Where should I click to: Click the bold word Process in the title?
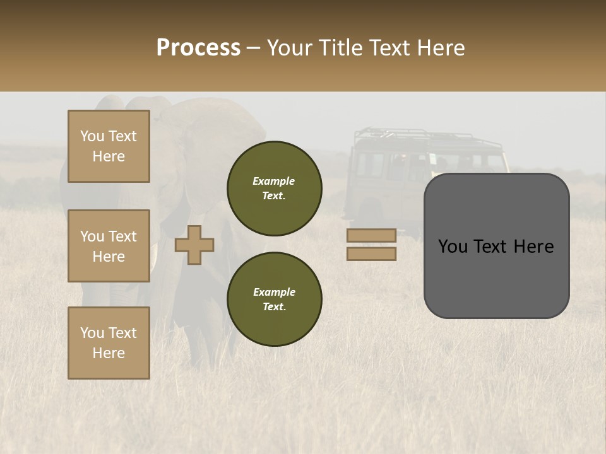(198, 48)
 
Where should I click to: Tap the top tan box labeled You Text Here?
(109, 146)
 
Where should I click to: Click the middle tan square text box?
(109, 246)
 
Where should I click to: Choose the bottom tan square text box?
(109, 343)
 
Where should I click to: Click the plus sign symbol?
(194, 245)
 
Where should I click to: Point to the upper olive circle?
(275, 189)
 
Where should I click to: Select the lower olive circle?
(275, 300)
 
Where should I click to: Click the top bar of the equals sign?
(372, 235)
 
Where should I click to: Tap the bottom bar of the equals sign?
(372, 254)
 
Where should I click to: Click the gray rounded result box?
(496, 246)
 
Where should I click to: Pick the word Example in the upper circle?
(274, 181)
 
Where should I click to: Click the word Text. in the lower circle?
(274, 307)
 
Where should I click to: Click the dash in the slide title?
(254, 48)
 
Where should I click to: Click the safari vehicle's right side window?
(496, 162)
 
